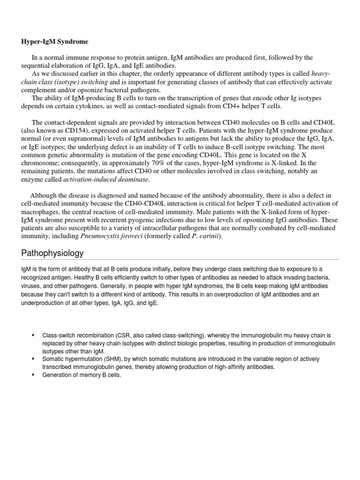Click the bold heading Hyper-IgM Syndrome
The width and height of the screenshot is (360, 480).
click(x=54, y=42)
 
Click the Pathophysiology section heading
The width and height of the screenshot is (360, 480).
click(x=52, y=253)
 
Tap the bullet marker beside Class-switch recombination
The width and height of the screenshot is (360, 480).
click(x=33, y=336)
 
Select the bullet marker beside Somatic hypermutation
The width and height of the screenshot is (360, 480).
click(x=33, y=359)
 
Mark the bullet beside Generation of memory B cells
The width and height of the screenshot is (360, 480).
click(x=33, y=375)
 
